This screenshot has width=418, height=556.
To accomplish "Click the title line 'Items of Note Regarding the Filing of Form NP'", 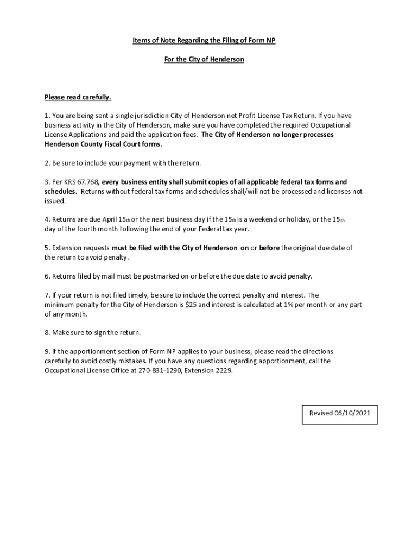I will tap(204, 41).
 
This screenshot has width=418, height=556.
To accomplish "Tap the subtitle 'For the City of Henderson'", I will tap(204, 59).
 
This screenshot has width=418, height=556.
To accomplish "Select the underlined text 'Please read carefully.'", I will tap(78, 98).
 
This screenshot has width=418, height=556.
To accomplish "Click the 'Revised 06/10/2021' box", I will tap(339, 413).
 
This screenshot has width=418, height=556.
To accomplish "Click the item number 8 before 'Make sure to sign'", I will tap(47, 333).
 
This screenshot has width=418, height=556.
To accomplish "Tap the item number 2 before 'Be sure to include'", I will tap(47, 163).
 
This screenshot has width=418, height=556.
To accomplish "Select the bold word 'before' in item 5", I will tap(270, 248).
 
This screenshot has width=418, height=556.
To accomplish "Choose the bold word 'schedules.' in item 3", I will tap(60, 192).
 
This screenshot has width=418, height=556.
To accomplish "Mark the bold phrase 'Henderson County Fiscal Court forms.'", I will tap(103, 144).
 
